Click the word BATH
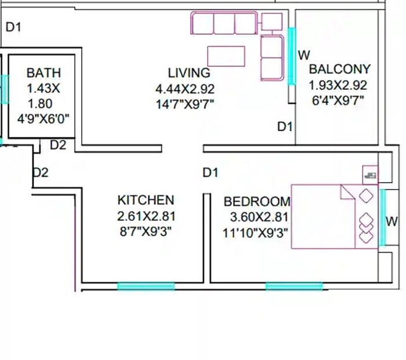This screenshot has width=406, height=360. [x=43, y=73]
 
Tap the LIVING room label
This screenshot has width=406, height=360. [x=188, y=73]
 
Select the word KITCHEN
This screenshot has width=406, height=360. [x=146, y=201]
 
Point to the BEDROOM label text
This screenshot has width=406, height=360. [x=256, y=202]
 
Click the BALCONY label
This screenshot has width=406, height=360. [x=339, y=69]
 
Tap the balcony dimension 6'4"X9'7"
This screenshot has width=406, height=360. [x=338, y=100]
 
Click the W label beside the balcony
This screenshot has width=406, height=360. [x=304, y=55]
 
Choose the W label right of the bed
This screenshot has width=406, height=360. [x=392, y=221]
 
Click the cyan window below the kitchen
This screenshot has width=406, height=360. [x=146, y=286]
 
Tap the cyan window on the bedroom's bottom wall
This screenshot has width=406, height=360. [x=294, y=286]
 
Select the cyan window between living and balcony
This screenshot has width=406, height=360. [x=292, y=56]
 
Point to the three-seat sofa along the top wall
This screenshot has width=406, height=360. [x=224, y=23]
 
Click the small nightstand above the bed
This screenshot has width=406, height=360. [x=370, y=173]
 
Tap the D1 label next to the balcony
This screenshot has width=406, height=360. [x=284, y=126]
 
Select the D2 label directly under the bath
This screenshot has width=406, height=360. [x=58, y=145]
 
